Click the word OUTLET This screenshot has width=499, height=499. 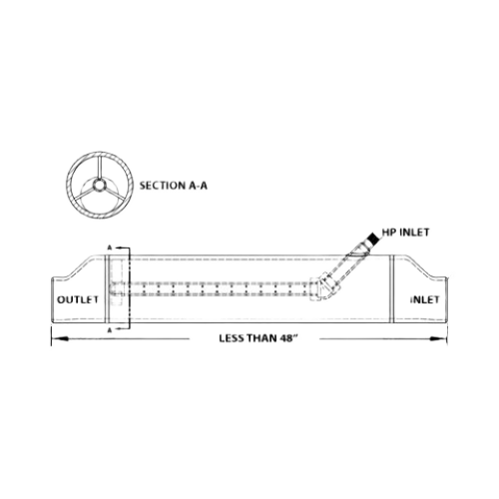(78, 299)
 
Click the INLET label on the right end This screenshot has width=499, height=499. (425, 299)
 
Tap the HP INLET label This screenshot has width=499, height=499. (406, 233)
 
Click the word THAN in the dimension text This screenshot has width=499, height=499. (259, 338)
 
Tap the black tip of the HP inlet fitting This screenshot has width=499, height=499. (373, 239)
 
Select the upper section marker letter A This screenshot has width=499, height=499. (109, 248)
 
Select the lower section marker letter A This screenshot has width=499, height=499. (109, 329)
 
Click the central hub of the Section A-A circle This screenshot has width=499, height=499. (99, 184)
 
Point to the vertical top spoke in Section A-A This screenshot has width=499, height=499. (99, 168)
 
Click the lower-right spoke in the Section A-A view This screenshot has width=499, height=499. (113, 194)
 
